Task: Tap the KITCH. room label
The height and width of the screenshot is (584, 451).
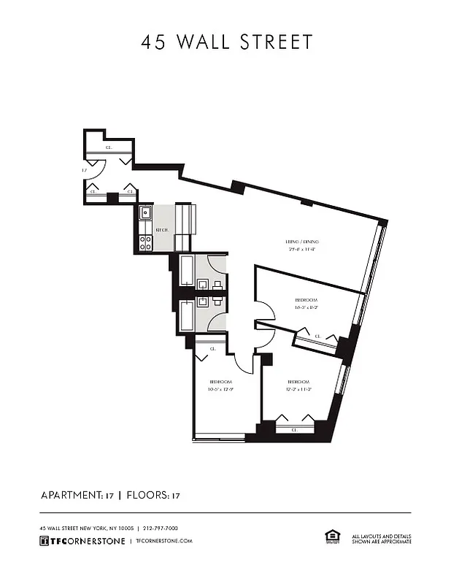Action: [162, 230]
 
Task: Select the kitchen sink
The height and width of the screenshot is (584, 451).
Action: [144, 214]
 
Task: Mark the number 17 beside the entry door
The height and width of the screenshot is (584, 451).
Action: [85, 169]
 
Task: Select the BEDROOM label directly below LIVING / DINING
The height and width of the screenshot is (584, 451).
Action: [307, 299]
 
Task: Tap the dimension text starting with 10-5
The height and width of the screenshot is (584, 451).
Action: [220, 390]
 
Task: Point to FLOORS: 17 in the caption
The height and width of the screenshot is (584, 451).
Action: [153, 496]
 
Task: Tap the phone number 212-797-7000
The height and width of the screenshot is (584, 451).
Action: [161, 528]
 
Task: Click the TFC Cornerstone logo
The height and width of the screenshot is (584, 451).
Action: [81, 541]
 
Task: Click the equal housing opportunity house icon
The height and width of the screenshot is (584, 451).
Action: [332, 537]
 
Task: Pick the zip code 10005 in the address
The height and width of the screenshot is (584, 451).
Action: [123, 528]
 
